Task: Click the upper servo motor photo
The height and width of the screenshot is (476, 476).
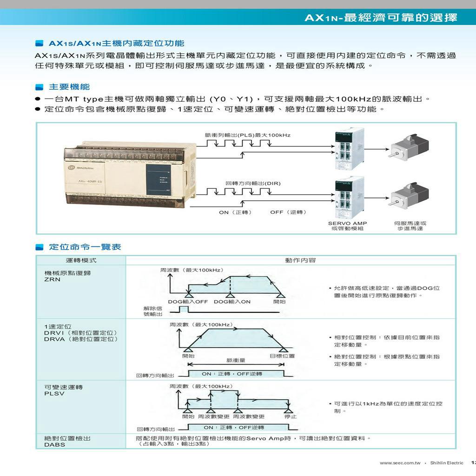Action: [x=409, y=146]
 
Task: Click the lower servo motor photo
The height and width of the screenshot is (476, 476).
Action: [x=409, y=195]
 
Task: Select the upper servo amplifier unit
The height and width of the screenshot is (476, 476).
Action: [x=349, y=149]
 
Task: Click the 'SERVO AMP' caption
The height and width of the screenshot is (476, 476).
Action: [x=347, y=223]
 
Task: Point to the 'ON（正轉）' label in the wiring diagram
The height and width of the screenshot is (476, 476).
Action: [x=236, y=212]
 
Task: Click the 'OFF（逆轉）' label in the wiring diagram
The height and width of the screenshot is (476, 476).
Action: [x=288, y=212]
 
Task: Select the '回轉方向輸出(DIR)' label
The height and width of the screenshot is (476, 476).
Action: [x=253, y=183]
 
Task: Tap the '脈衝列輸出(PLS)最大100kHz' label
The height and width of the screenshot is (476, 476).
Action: [x=247, y=135]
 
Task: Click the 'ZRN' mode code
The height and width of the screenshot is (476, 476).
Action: [x=52, y=279]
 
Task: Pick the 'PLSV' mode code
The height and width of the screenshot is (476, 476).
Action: [x=54, y=394]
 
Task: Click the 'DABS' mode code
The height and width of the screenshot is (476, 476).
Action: [x=55, y=445]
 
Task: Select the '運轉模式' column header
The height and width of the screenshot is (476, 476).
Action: [x=81, y=260]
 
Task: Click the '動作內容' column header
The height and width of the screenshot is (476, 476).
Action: [x=300, y=260]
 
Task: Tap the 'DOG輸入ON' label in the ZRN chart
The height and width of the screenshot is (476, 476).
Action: [x=232, y=302]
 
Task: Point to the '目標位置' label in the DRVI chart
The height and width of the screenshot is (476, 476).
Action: [x=282, y=356]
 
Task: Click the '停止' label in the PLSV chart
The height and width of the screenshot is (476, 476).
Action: [x=291, y=416]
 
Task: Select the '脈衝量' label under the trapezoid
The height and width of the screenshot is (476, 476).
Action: [x=236, y=360]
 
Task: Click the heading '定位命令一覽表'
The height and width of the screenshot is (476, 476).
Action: [x=85, y=247]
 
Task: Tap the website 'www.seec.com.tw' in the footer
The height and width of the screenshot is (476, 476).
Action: [x=400, y=463]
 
